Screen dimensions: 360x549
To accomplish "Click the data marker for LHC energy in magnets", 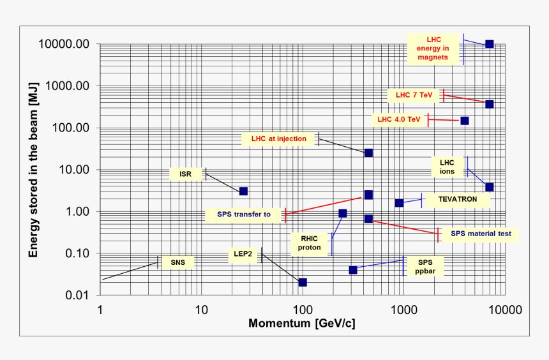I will (489, 43).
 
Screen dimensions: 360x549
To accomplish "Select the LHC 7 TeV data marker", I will (489, 104).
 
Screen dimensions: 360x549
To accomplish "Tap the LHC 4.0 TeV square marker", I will (464, 121).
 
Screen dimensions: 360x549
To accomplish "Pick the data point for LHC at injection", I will (368, 153).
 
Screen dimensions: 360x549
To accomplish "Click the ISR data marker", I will (243, 191).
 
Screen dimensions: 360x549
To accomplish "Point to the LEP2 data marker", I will (303, 282).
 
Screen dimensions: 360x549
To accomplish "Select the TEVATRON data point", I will (399, 203).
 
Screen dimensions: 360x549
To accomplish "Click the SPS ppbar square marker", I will (353, 270).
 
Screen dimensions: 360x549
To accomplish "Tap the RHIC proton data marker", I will (343, 213).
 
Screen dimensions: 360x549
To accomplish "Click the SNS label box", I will (177, 262).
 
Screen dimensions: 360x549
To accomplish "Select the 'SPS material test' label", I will (481, 234).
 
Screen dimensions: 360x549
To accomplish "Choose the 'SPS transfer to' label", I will (244, 214).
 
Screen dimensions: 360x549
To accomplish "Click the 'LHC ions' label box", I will (447, 167).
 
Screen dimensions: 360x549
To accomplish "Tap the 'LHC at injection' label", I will (279, 139).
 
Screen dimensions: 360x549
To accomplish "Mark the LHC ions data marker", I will (489, 187).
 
